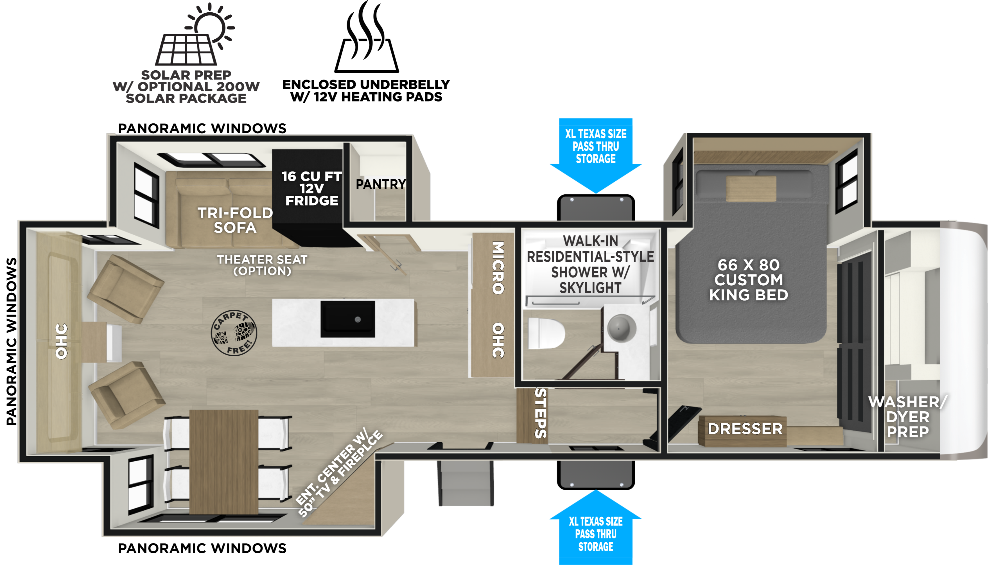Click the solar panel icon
point(195,35)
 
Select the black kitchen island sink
point(348,319)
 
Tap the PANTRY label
point(381,184)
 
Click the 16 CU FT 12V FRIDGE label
point(312,189)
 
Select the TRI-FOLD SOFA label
point(235,220)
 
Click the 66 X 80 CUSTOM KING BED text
point(749,280)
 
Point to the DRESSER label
point(745,429)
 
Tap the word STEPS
point(541,413)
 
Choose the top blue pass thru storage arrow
point(596,156)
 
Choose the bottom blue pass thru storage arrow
point(596,527)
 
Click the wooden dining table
point(223,462)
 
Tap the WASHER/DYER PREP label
point(908,417)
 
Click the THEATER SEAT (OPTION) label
point(262,265)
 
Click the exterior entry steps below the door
point(466,483)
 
